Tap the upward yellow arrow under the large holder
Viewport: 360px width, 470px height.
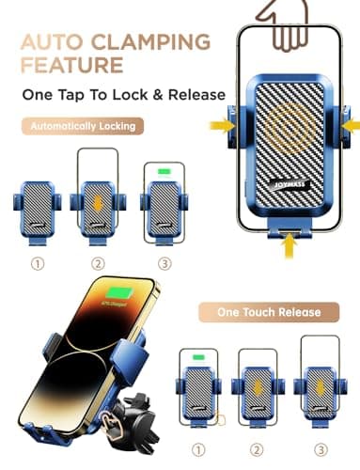289,247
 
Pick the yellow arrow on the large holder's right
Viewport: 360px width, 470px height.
350,121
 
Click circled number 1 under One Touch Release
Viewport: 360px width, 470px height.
199,450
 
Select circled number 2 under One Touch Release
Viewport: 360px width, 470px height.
257,450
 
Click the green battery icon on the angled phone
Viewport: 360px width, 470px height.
119,295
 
